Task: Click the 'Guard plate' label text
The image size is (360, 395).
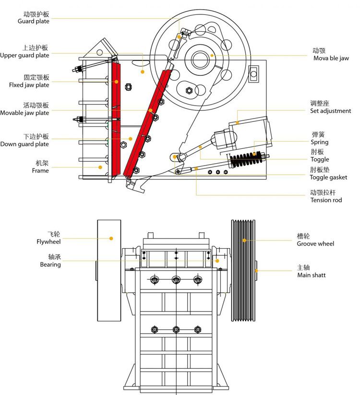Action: point(34,21)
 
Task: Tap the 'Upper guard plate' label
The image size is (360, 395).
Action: point(24,55)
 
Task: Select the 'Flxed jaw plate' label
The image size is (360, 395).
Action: point(29,85)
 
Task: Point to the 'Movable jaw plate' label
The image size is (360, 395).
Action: point(24,113)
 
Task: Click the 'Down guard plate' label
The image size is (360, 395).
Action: point(24,144)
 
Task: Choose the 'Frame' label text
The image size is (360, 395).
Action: point(40,170)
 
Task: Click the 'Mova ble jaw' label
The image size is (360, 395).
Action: point(331,59)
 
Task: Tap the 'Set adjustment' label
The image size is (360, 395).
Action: point(331,111)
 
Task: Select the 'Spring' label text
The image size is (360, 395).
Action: point(320,142)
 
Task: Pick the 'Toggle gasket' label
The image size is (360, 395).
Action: point(328,177)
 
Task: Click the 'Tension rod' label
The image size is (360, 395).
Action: point(326,200)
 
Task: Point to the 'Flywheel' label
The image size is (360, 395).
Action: point(48,241)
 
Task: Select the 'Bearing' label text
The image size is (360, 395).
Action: point(50,264)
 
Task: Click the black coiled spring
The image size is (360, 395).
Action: point(247,159)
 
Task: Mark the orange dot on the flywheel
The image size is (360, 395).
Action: point(111,238)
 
